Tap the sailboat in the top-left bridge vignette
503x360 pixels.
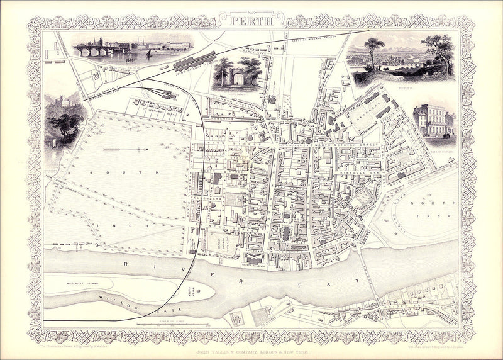click(x=148, y=55)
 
